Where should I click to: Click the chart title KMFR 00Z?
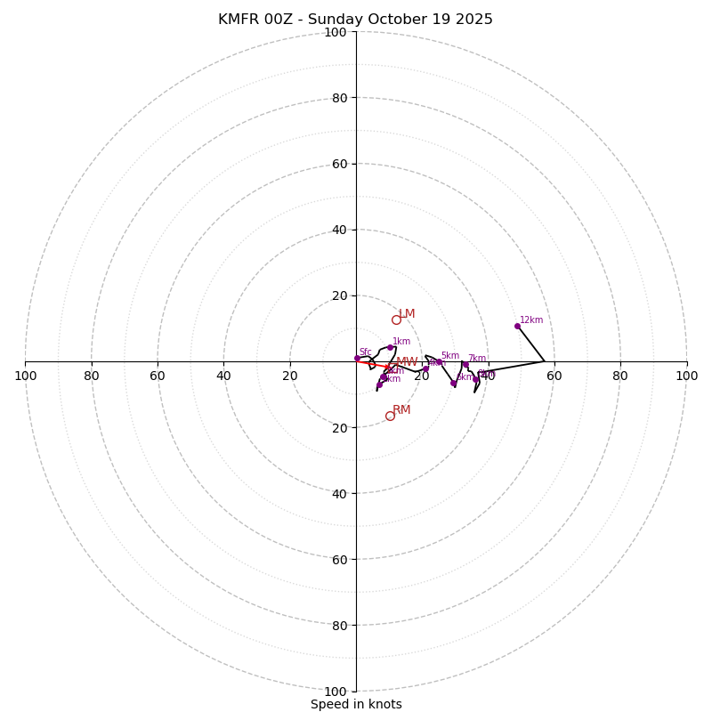355,20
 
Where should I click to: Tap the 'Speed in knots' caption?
356,704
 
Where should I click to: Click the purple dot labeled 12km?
517,326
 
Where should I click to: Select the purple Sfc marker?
357,358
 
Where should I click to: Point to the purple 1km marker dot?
390,348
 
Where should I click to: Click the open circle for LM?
396,320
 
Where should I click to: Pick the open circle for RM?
390,416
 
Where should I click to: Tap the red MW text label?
407,362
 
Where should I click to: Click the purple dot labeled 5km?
439,362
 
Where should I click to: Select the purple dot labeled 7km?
465,365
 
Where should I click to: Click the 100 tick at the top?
336,32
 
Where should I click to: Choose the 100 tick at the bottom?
336,692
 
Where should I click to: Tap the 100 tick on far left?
25,376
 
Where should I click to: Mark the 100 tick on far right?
686,376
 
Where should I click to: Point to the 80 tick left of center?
92,376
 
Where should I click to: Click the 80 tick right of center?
620,376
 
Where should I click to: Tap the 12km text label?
531,320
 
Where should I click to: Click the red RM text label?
401,410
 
